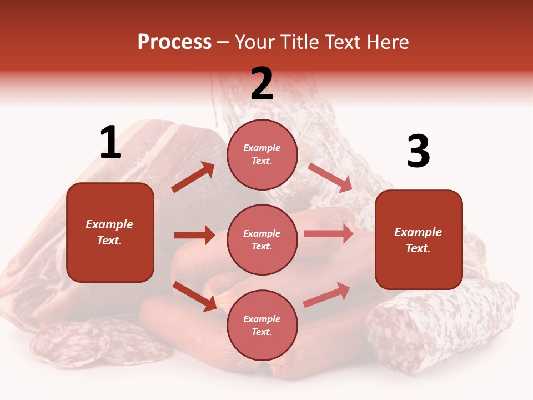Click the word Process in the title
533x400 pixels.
click(174, 42)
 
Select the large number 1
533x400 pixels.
click(110, 143)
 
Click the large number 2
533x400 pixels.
click(262, 84)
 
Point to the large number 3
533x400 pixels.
click(418, 152)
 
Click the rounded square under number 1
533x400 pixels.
click(110, 232)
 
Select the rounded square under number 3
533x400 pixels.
click(419, 240)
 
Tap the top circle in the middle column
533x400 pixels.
click(262, 154)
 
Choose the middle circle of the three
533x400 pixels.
click(262, 239)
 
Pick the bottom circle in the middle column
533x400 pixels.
click(262, 325)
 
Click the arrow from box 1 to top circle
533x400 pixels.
click(193, 177)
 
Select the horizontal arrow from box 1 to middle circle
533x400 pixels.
click(194, 235)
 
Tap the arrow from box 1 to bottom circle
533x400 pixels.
click(195, 296)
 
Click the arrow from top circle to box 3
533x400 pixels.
click(330, 178)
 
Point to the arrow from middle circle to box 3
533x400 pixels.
click(329, 233)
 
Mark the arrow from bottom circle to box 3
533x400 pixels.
click(326, 294)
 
